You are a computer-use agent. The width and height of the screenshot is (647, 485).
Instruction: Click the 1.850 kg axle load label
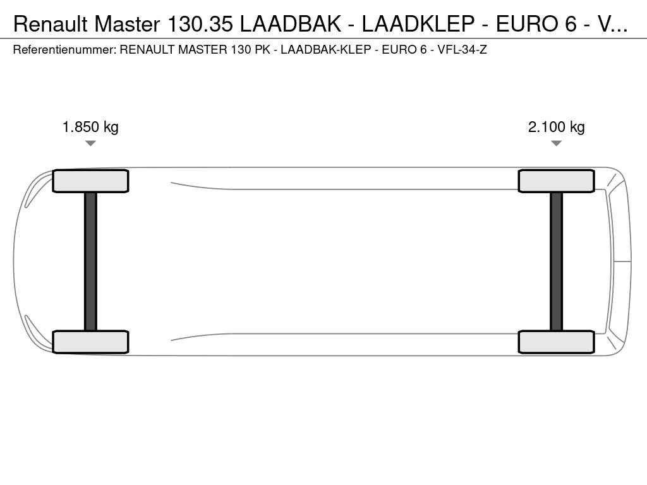(90, 126)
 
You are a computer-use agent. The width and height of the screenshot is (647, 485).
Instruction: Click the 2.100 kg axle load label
(556, 126)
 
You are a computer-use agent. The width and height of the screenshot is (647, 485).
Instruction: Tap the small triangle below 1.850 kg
(90, 143)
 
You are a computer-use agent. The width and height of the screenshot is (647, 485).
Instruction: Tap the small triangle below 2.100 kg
(556, 143)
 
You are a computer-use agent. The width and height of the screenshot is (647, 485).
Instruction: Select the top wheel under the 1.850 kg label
(90, 181)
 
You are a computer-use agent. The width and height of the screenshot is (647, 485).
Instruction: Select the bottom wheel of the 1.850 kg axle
(90, 342)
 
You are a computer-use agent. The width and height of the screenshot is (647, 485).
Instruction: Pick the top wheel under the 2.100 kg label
(556, 181)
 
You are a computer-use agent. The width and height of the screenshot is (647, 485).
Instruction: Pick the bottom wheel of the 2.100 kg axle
(556, 342)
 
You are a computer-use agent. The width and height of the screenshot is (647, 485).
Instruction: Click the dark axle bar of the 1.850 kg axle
(90, 261)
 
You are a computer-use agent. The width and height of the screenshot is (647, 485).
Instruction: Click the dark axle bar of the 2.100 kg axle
(556, 261)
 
